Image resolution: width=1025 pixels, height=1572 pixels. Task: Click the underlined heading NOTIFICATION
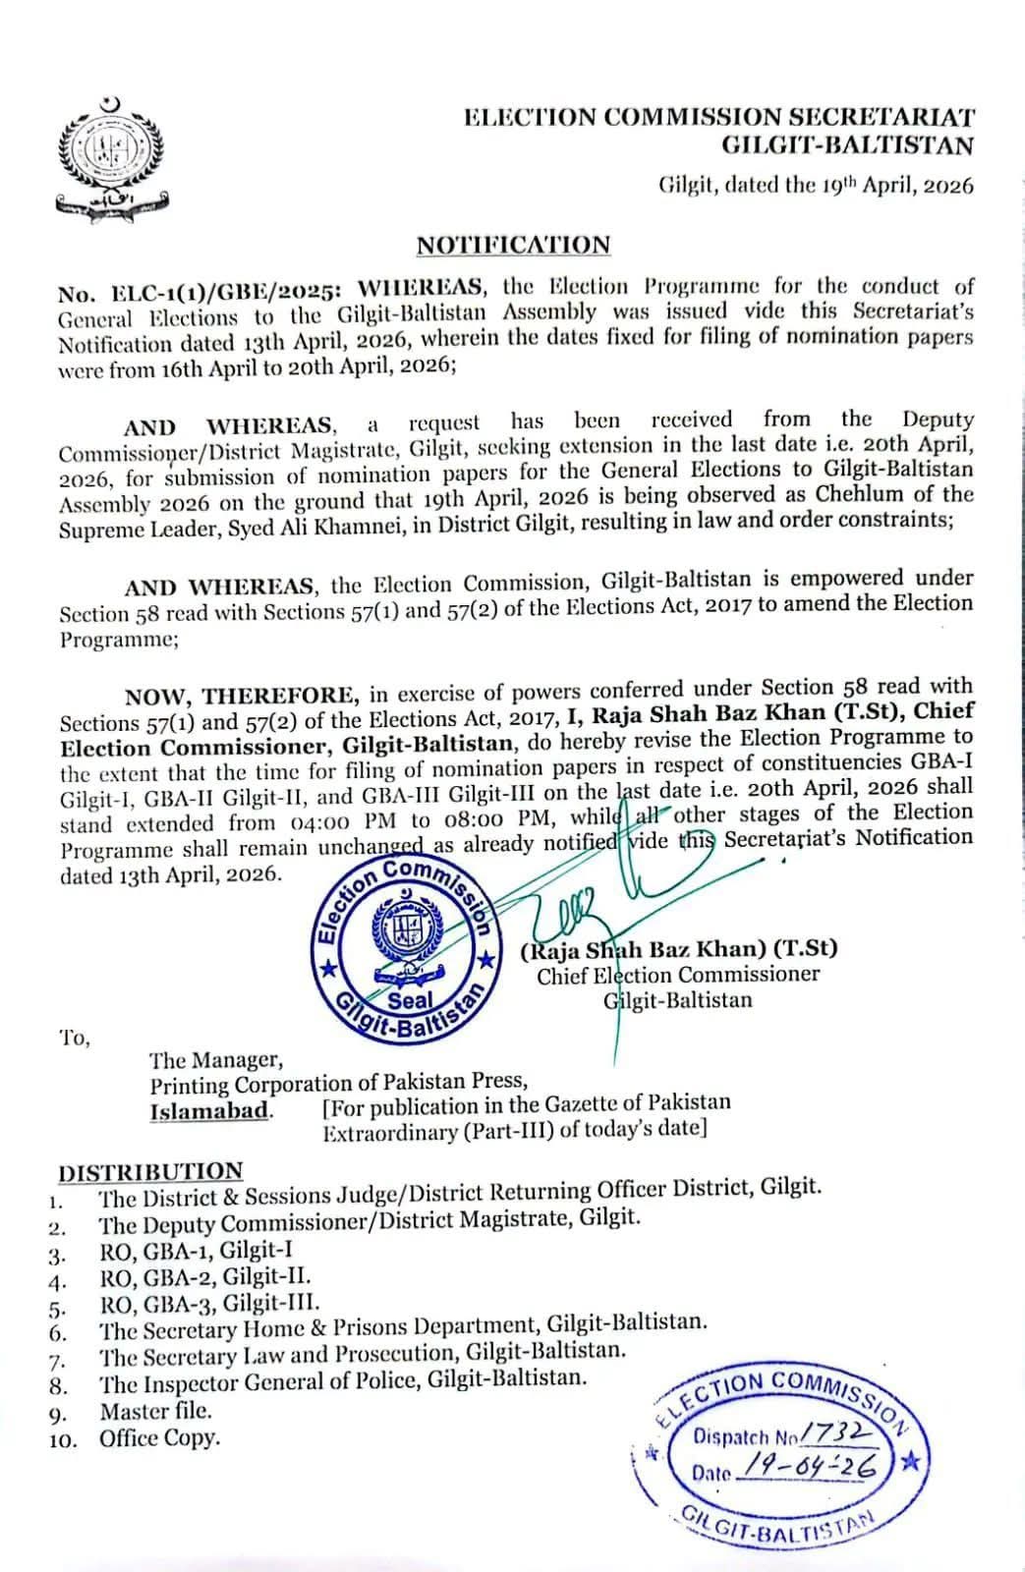pyautogui.click(x=513, y=245)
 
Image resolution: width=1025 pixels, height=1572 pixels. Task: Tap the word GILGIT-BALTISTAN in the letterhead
pyautogui.click(x=847, y=146)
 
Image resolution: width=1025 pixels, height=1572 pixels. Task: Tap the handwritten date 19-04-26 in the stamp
pyautogui.click(x=812, y=1468)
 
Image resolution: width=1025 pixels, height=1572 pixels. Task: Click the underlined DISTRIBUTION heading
pyautogui.click(x=150, y=1171)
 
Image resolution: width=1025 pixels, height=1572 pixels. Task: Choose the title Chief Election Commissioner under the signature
pyautogui.click(x=677, y=975)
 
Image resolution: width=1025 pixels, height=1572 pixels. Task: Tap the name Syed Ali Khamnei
pyautogui.click(x=333, y=522)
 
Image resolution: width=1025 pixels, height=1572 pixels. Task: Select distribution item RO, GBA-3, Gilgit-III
pyautogui.click(x=209, y=1304)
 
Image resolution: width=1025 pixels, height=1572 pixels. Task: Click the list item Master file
pyautogui.click(x=155, y=1411)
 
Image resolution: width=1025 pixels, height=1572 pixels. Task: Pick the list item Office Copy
pyautogui.click(x=159, y=1438)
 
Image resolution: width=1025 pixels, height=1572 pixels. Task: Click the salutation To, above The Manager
pyautogui.click(x=75, y=1038)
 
